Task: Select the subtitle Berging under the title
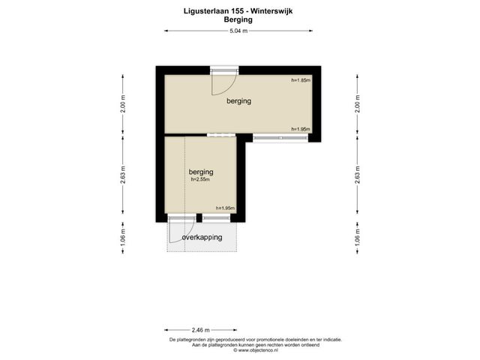pyautogui.click(x=238, y=20)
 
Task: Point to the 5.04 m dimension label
pyautogui.click(x=238, y=31)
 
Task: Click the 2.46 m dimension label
pyautogui.click(x=201, y=330)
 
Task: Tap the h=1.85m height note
pyautogui.click(x=301, y=80)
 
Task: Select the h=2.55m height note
pyautogui.click(x=200, y=180)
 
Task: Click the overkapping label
pyautogui.click(x=202, y=238)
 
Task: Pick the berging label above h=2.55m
pyautogui.click(x=201, y=172)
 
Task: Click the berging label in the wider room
pyautogui.click(x=238, y=101)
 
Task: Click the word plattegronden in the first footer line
pyautogui.click(x=190, y=340)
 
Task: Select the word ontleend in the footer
pyautogui.click(x=311, y=345)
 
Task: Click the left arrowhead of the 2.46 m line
pyautogui.click(x=166, y=330)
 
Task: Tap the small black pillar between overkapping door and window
pyautogui.click(x=199, y=217)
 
